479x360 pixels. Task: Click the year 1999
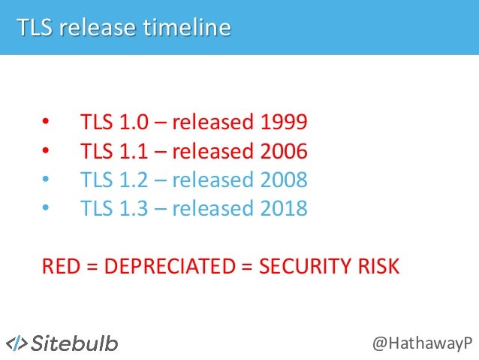pos(284,123)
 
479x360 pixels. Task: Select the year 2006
pos(284,151)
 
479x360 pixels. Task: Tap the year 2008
pos(284,180)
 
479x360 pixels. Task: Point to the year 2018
pos(284,208)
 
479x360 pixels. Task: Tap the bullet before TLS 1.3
pos(46,209)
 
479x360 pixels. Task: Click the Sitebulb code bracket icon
pos(17,343)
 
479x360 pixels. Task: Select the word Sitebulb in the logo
pos(74,343)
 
